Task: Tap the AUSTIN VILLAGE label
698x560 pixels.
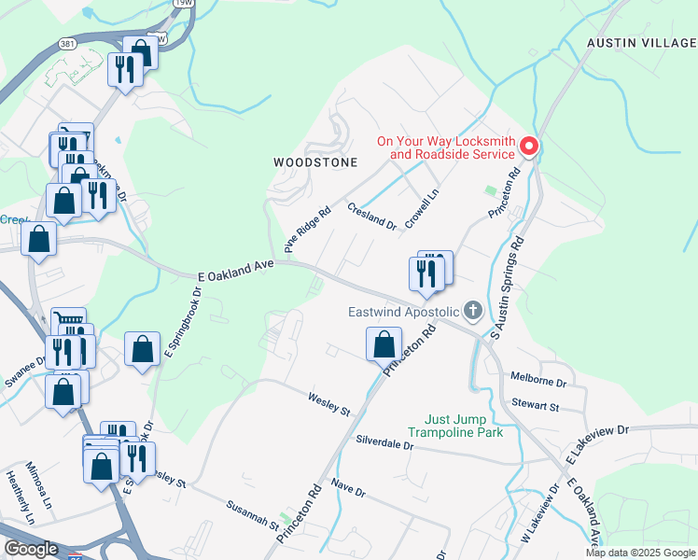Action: click(x=641, y=43)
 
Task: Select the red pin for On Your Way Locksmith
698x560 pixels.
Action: click(x=529, y=147)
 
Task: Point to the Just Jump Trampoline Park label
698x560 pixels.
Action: click(x=464, y=426)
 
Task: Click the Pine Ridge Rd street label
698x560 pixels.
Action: click(x=307, y=230)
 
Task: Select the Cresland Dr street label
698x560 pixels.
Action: click(x=372, y=217)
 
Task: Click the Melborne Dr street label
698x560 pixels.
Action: click(x=539, y=382)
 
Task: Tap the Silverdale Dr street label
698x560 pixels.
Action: click(x=384, y=442)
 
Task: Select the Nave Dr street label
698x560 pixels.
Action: click(x=347, y=486)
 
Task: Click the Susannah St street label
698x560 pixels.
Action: click(x=253, y=514)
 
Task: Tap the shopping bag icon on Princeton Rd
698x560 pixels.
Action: click(x=384, y=344)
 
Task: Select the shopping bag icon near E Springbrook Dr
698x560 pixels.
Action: click(x=142, y=350)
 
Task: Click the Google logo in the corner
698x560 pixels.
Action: click(x=31, y=549)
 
